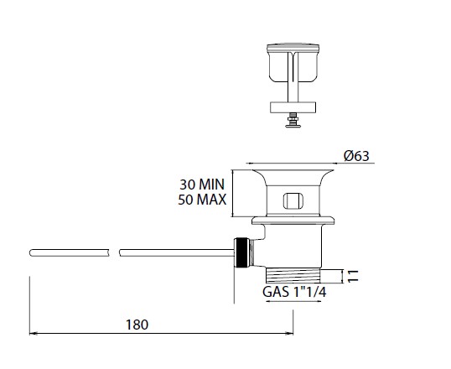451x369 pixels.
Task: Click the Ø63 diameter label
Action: click(356, 156)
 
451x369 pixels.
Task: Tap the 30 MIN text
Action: click(202, 184)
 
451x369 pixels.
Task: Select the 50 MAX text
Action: click(202, 200)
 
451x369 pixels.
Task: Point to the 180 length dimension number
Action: click(137, 325)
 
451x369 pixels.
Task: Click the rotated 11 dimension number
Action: click(353, 276)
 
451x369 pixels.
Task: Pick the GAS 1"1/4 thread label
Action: click(294, 292)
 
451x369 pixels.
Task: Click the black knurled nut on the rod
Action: click(242, 252)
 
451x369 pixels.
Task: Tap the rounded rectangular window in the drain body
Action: click(293, 201)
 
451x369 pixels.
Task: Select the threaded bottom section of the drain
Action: click(293, 276)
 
